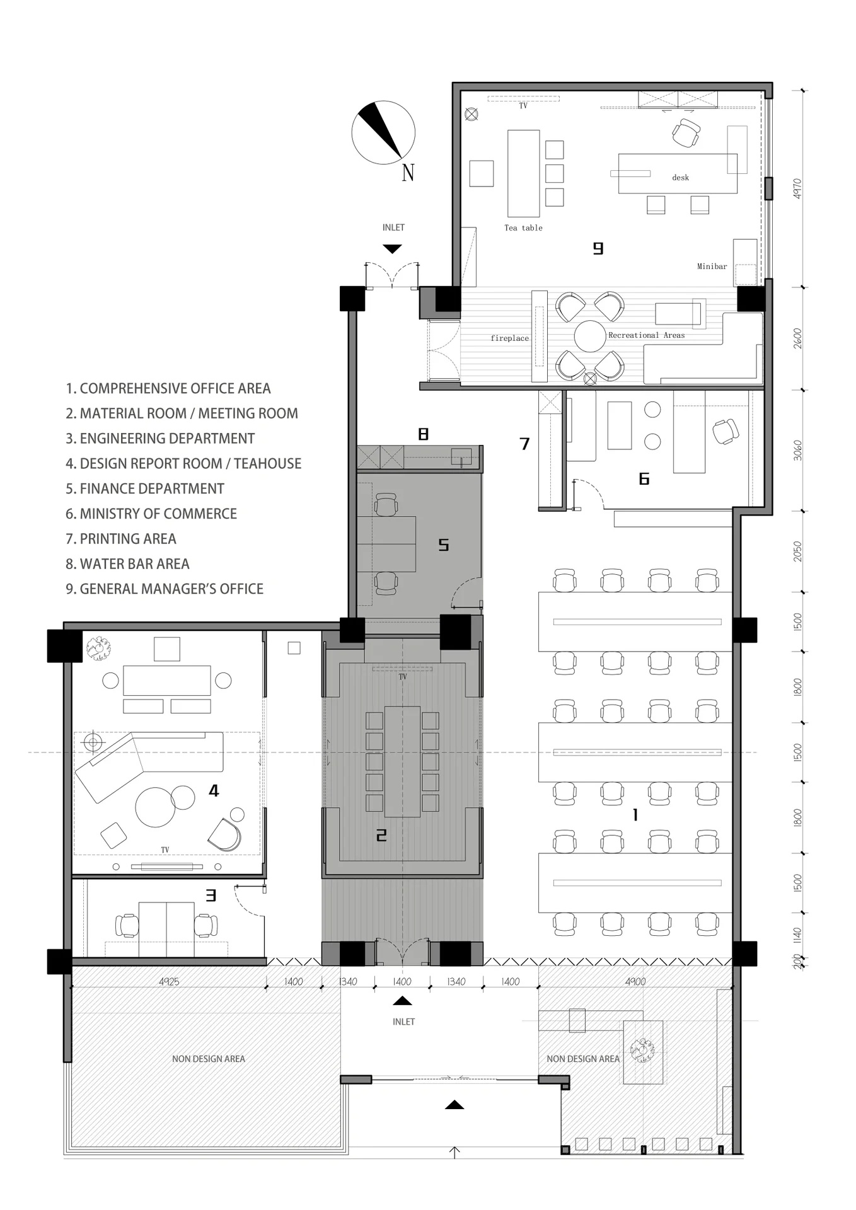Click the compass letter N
[x=408, y=172]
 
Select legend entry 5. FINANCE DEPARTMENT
[x=145, y=488]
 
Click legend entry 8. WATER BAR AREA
[x=127, y=563]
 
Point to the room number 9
[x=598, y=248]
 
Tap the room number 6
[x=644, y=479]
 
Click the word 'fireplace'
[x=510, y=338]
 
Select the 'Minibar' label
[x=712, y=267]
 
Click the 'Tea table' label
[x=523, y=228]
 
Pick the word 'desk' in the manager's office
[x=681, y=178]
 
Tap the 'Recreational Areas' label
[x=646, y=335]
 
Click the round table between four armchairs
[x=590, y=337]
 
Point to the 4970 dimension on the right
[x=797, y=188]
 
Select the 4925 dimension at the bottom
[x=169, y=981]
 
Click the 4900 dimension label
[x=635, y=981]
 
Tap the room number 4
[x=214, y=790]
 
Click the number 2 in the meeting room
[x=381, y=835]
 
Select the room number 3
[x=211, y=895]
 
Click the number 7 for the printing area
[x=524, y=444]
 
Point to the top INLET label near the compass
[x=393, y=228]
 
